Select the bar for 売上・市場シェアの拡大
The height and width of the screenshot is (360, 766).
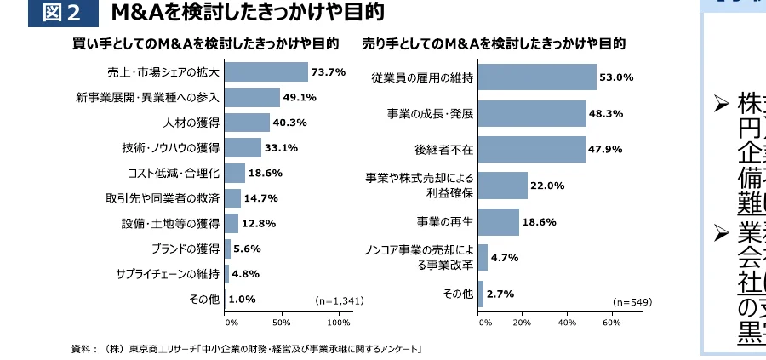[x=266, y=72]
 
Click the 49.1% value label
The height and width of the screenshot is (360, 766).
[x=300, y=97]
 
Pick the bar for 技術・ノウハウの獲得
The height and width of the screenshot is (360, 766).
[x=243, y=147]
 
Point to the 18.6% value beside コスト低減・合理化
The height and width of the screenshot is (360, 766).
[x=266, y=173]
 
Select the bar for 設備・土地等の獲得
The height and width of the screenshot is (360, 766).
[x=232, y=223]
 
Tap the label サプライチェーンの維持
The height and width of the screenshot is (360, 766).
[x=168, y=274]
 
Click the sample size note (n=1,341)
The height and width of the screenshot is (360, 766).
[x=340, y=300]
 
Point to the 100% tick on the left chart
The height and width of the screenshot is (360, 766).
[x=339, y=323]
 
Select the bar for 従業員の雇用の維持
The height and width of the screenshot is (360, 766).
[x=538, y=77]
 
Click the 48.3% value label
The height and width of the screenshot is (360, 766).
[x=606, y=112]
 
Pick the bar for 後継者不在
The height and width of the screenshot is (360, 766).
[x=533, y=149]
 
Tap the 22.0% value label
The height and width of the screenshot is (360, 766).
[x=547, y=186]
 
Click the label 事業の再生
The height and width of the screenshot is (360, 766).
[x=445, y=221]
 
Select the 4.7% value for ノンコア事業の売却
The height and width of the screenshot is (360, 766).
[x=506, y=258]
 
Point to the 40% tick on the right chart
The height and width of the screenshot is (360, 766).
[x=567, y=323]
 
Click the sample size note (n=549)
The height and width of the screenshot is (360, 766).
[x=632, y=302]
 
